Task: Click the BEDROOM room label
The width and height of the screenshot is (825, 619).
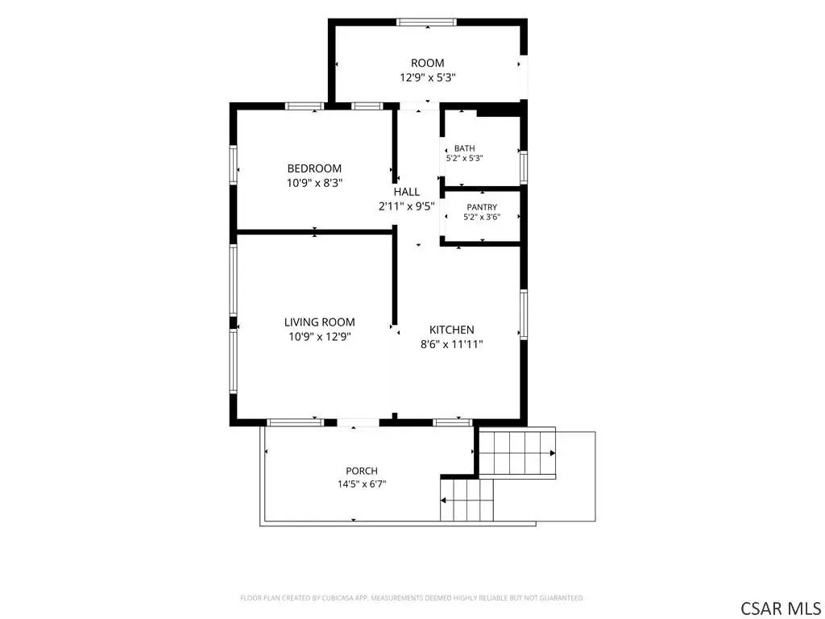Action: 314,168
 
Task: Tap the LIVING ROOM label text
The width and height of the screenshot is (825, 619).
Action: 319,322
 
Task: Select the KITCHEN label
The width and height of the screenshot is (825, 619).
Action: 451,330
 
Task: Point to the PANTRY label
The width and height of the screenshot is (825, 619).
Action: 482,207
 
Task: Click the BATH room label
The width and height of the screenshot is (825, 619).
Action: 465,148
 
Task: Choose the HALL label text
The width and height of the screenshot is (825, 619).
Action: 407,192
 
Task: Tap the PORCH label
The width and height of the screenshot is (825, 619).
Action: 362,471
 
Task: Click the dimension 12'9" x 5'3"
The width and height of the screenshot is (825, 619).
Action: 427,78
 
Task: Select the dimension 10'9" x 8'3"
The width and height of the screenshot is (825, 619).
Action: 315,183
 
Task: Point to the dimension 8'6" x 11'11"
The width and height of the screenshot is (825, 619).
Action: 451,345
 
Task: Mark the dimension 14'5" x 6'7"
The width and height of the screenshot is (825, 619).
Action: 362,484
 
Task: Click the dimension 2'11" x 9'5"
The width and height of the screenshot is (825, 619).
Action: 407,206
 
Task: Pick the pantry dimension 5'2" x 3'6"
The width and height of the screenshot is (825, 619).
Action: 482,217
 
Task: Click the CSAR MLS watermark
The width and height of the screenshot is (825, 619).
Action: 780,608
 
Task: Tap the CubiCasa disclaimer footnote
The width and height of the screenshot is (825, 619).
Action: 412,598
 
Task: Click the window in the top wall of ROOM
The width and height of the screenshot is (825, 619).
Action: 426,22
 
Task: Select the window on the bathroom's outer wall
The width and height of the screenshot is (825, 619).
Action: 524,167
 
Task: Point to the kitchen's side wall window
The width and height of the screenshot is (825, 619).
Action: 524,314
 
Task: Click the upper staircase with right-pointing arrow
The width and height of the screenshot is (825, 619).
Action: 518,453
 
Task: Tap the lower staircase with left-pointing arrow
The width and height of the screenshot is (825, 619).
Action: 467,500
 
